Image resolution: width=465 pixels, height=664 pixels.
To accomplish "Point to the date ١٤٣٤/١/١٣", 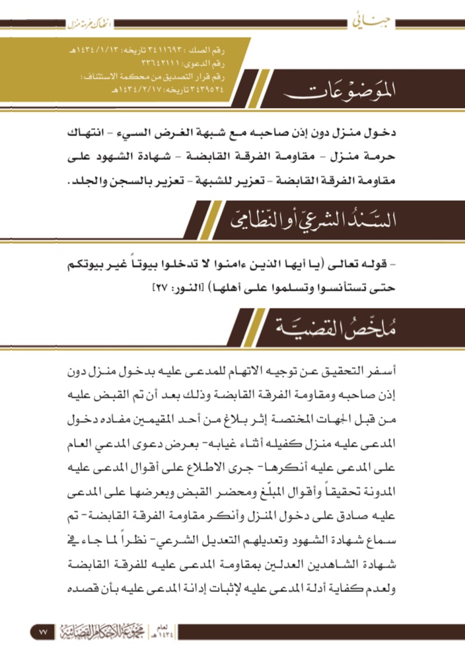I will point(99,51).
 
